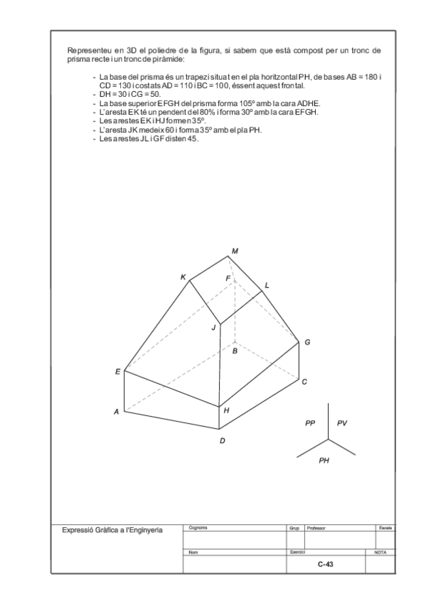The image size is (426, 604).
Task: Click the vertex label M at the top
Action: point(235,250)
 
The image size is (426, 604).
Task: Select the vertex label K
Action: point(183,277)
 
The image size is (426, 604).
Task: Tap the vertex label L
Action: point(267,285)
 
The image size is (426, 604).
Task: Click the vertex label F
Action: point(228,278)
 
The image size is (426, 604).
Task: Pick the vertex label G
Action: point(307,343)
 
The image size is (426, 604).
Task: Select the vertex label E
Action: point(117,372)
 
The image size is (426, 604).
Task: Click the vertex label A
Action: point(116,412)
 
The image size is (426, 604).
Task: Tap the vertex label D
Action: point(222,441)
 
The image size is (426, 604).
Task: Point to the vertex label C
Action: point(304,382)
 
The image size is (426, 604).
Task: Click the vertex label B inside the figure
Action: point(235,351)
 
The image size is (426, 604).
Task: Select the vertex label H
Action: point(226,410)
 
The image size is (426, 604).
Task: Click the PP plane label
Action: point(310,423)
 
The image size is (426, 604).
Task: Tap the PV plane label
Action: point(342,423)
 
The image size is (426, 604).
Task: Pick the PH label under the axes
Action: point(324,461)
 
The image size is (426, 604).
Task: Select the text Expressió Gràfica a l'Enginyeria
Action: point(112,530)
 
